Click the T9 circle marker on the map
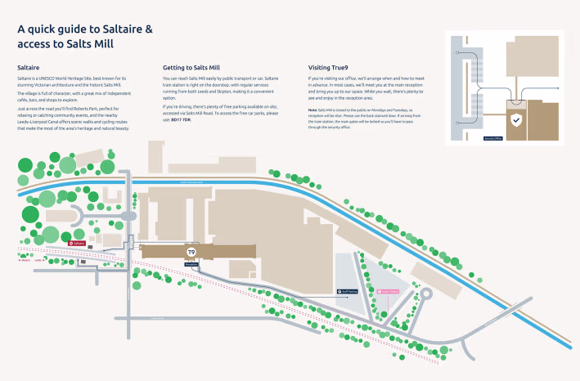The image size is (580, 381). pyautogui.click(x=192, y=252)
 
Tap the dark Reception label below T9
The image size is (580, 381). pyautogui.click(x=192, y=265)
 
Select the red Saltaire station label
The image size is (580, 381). pyautogui.click(x=77, y=244)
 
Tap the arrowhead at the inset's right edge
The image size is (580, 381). pyautogui.click(x=560, y=87)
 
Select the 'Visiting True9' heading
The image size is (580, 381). pyautogui.click(x=330, y=68)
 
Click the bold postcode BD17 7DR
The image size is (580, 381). pyautogui.click(x=181, y=119)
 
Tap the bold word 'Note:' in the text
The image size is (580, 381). pyautogui.click(x=313, y=109)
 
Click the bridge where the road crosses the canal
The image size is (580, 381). pyautogui.click(x=132, y=190)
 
